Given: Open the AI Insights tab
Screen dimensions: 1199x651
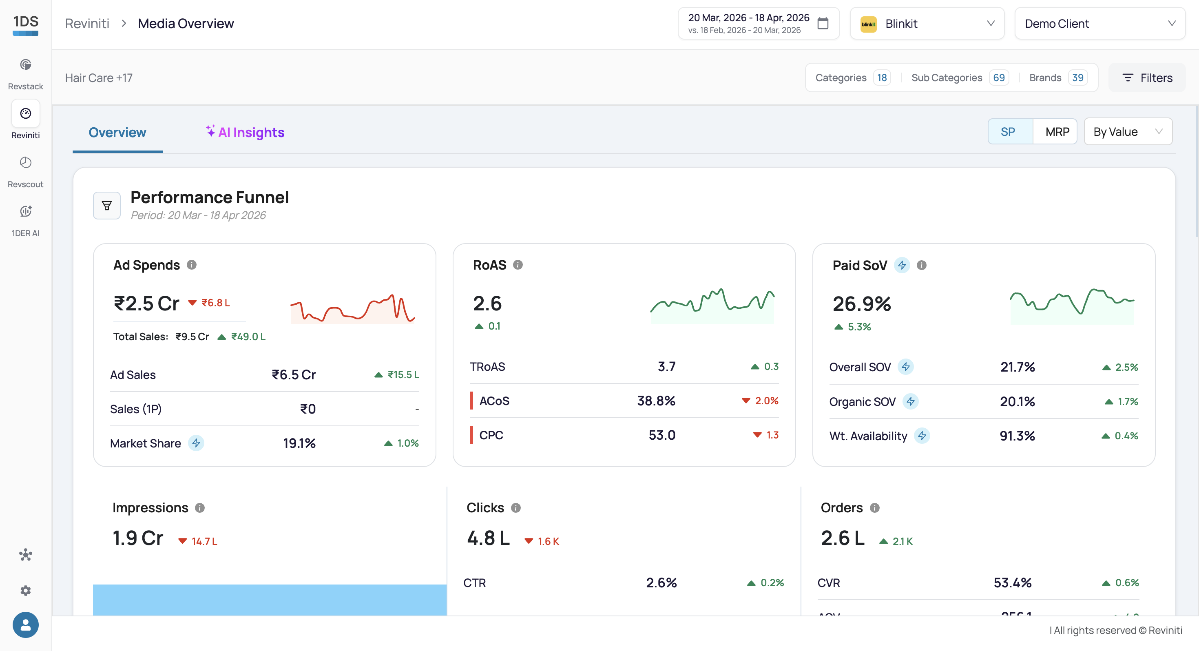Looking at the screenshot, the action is coord(245,132).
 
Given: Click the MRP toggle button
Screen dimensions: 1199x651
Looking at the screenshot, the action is coord(1057,132).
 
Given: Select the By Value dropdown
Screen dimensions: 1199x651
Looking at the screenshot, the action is coord(1128,132).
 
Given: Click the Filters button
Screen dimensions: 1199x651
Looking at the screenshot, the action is coord(1147,78).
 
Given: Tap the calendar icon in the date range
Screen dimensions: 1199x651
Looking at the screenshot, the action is coord(823,23).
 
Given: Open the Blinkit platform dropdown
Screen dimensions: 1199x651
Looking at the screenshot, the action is coord(927,23).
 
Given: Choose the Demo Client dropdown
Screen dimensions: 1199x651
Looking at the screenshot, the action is coord(1099,23).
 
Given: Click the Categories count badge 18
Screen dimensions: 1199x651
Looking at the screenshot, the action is coord(882,78).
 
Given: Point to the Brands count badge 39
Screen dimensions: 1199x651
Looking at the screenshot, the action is coord(1077,78).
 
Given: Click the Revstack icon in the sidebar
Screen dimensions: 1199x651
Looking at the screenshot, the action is coord(26,65).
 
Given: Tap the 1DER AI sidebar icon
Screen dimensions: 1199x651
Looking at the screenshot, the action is coord(26,211).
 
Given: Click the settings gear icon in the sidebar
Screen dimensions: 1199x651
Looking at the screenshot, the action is coord(26,591).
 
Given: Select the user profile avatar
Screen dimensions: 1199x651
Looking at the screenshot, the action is coord(26,625).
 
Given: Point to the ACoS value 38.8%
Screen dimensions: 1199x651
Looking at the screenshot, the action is coord(656,401).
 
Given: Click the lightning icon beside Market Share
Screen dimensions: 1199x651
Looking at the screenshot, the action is coord(196,443).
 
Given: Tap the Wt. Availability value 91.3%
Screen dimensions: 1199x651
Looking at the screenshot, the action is coord(1017,436).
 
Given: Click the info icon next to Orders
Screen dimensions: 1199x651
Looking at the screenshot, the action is coord(875,507).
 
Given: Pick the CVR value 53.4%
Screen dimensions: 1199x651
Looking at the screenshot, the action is coord(1012,582).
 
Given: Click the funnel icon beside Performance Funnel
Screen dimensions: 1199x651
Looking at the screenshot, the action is coord(106,205).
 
